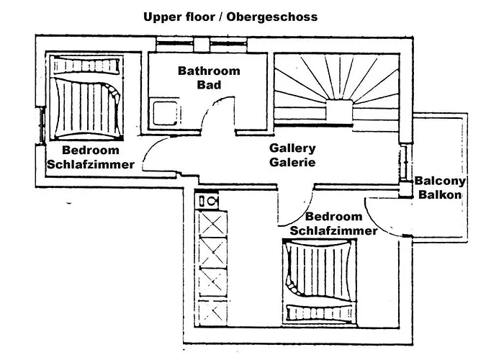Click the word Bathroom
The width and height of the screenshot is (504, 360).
point(209,71)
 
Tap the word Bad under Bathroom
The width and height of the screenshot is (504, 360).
point(209,85)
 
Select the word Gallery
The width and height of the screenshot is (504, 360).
point(293,148)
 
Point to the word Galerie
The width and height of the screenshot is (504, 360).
point(293,162)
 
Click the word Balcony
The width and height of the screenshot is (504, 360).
point(441,181)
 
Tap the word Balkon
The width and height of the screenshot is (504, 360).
point(438,194)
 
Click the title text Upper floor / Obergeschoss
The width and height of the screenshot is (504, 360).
point(230,16)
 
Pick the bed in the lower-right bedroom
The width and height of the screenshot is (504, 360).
point(321,281)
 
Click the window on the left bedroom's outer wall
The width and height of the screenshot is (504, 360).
point(41,125)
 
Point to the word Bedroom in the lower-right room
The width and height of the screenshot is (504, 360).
point(333,217)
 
